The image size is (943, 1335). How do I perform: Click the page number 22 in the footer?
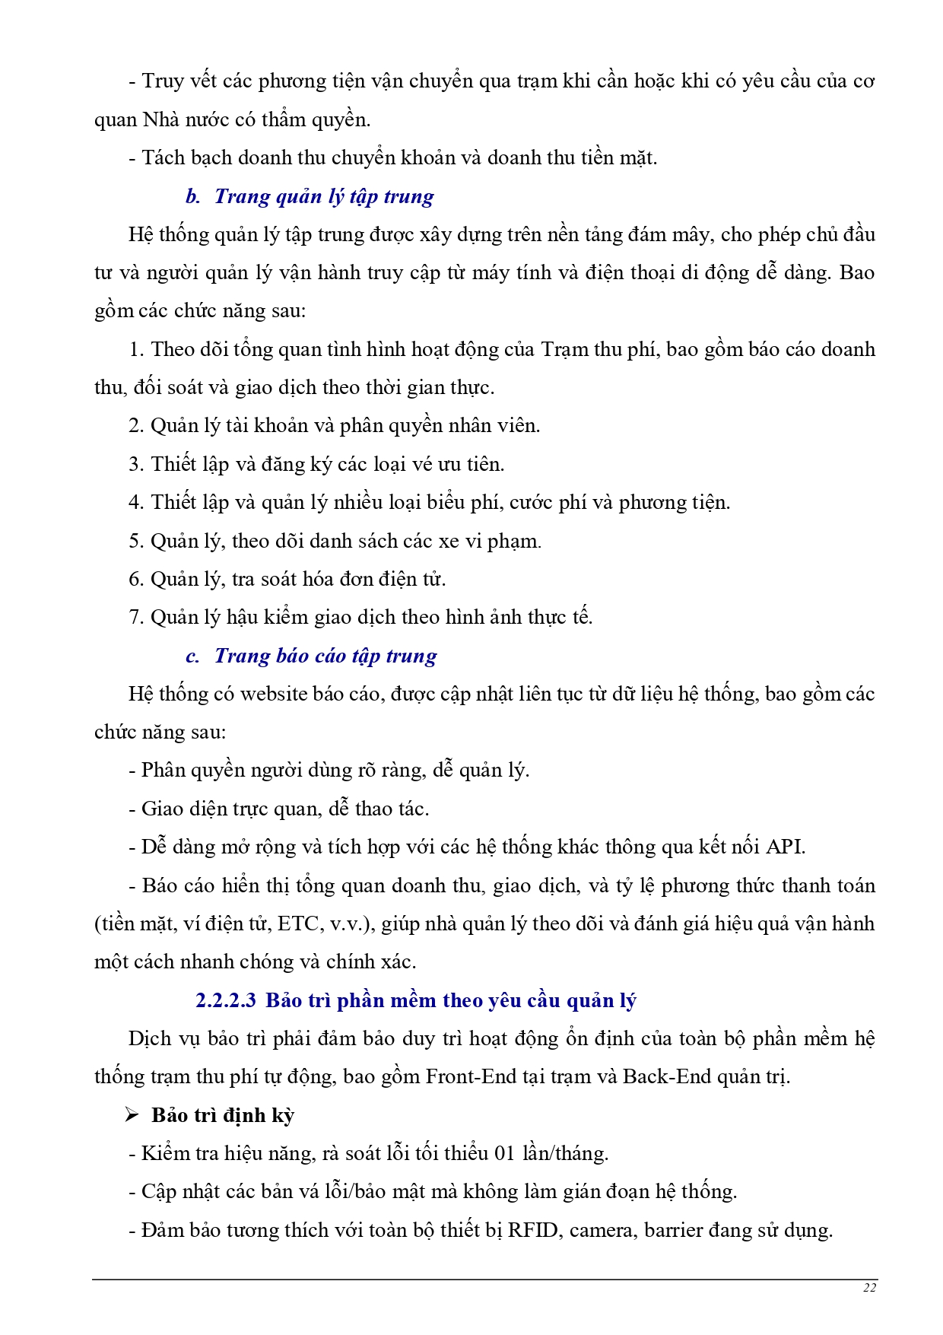point(870,1287)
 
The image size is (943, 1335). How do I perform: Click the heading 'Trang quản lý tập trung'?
point(324,196)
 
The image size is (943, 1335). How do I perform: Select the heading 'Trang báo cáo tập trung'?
point(325,656)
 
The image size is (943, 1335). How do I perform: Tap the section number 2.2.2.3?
point(226,1000)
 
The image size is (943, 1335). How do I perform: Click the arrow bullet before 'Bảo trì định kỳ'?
point(132,1115)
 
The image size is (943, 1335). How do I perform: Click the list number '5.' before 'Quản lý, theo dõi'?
point(136,541)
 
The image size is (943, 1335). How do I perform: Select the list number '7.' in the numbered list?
point(136,617)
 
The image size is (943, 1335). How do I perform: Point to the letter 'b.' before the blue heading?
point(192,196)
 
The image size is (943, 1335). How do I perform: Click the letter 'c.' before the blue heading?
point(192,656)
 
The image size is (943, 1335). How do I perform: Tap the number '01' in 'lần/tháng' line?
point(505,1153)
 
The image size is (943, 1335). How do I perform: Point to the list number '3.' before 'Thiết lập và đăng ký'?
point(136,464)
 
